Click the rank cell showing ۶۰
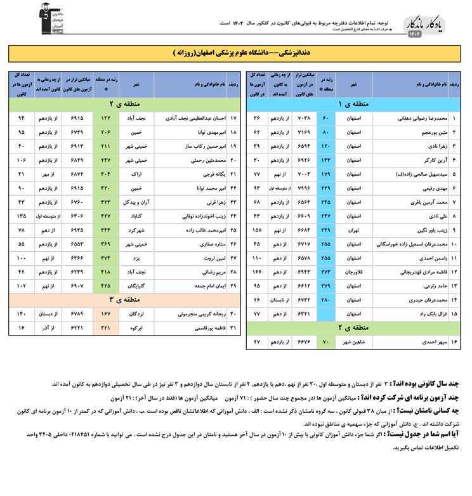(x=325, y=117)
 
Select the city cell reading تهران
(x=354, y=230)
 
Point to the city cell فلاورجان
(x=354, y=272)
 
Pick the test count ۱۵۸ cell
(x=257, y=230)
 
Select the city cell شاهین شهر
(x=354, y=343)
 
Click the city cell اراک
(x=136, y=174)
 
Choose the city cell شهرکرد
(x=136, y=230)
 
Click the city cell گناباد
(x=136, y=216)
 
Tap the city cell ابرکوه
(x=136, y=329)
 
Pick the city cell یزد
(x=136, y=258)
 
